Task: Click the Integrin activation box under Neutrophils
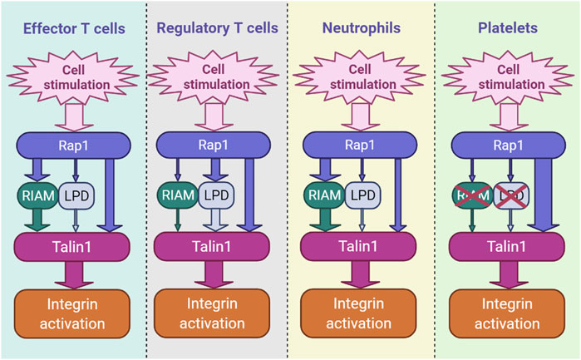click(x=360, y=313)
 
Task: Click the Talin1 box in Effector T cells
click(x=72, y=246)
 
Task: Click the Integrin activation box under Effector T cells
click(x=72, y=313)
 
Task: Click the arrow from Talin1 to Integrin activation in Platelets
click(x=505, y=274)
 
